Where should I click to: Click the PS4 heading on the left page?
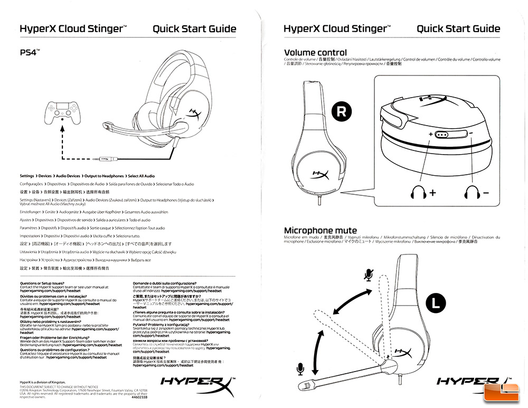(x=30, y=53)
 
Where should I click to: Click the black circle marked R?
(x=342, y=111)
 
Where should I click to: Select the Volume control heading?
(x=315, y=53)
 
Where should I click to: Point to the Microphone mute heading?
(x=320, y=231)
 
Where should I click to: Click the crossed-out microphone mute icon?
(x=368, y=274)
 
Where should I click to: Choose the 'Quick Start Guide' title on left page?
(x=194, y=29)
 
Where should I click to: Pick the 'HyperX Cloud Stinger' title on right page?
(x=337, y=29)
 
